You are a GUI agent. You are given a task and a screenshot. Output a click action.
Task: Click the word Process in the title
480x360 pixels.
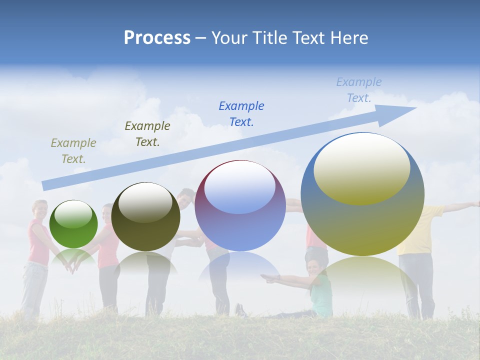157,38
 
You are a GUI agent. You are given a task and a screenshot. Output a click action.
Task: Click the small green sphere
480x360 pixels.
73,224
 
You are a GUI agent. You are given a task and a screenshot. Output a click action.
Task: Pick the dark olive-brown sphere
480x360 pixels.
145,217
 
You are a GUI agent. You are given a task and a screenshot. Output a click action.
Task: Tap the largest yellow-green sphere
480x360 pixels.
362,220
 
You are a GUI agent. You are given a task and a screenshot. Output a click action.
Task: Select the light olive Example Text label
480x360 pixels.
73,151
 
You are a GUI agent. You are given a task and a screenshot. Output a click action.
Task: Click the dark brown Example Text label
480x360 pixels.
147,134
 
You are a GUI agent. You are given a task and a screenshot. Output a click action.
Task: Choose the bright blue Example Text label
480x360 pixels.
241,113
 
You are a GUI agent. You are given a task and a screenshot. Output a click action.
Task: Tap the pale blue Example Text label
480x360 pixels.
358,90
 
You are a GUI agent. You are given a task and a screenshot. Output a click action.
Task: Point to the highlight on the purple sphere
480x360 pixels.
240,187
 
